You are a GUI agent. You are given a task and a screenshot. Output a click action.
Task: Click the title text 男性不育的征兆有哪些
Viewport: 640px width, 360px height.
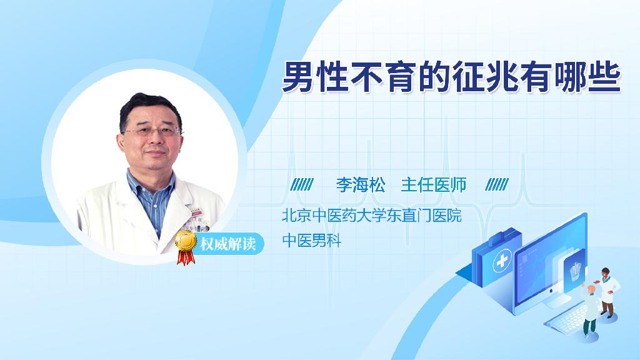pos(451,77)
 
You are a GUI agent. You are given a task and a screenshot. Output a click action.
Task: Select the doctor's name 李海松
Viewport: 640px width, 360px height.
pos(361,185)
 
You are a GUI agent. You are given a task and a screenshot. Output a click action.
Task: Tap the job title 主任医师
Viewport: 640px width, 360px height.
pos(434,185)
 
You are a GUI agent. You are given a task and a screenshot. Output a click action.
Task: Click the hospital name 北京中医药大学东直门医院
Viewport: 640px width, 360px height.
pos(371,216)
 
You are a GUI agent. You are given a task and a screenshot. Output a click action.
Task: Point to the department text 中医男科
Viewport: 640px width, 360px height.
pos(311,241)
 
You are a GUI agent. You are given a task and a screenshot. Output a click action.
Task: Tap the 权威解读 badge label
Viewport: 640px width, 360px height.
pos(227,244)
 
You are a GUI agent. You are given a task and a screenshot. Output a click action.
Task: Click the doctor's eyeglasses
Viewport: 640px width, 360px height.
pos(152,132)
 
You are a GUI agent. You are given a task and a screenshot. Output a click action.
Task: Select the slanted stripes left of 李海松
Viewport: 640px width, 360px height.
pos(302,184)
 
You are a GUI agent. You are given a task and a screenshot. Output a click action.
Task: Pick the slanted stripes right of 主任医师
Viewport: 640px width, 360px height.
pos(497,184)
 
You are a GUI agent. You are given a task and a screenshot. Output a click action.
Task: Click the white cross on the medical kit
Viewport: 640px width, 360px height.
pos(502,261)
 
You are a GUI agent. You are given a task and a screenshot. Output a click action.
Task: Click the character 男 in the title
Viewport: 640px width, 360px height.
pos(297,77)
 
